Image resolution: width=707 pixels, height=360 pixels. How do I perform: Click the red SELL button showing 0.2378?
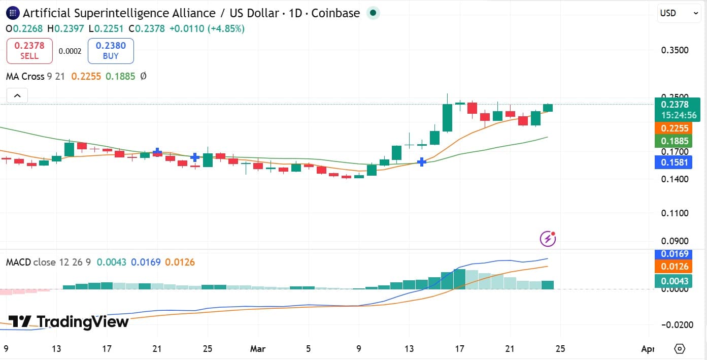(x=29, y=51)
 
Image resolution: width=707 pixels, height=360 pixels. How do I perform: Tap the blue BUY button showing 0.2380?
(x=111, y=51)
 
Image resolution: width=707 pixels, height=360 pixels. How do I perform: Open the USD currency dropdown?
(x=679, y=13)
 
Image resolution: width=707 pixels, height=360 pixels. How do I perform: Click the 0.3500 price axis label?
(x=675, y=50)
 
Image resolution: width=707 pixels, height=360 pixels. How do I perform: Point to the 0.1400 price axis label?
(x=675, y=179)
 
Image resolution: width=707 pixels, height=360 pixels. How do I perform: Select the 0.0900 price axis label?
(x=675, y=241)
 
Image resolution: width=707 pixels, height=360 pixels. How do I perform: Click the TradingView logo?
(x=69, y=321)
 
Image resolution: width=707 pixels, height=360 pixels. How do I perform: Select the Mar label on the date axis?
(x=259, y=349)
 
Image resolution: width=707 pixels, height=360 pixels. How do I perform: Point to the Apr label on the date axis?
(x=647, y=349)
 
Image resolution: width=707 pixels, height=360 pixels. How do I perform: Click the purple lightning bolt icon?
(x=547, y=238)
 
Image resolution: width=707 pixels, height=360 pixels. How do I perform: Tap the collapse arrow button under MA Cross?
(x=17, y=95)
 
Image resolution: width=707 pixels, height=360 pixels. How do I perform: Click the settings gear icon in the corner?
(x=680, y=349)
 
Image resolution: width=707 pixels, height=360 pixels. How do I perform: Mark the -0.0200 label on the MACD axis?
(x=675, y=324)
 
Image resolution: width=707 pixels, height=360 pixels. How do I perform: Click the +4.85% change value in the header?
(x=224, y=28)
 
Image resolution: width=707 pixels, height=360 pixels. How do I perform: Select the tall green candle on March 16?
(x=448, y=117)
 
